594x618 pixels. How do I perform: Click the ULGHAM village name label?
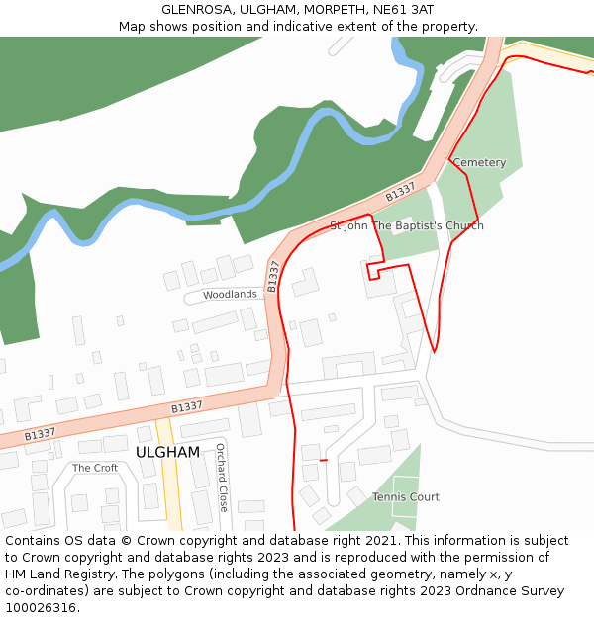pos(167,452)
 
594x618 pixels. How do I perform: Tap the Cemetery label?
pos(479,162)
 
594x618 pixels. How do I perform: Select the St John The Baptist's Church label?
pos(406,225)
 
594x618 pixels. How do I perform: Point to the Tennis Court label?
pos(405,496)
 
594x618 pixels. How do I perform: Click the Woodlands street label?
pos(230,295)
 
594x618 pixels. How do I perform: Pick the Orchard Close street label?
pos(222,477)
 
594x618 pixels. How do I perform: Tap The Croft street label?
pos(95,468)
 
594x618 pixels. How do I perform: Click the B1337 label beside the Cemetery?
pos(400,191)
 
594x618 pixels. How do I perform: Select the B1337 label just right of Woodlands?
pos(273,275)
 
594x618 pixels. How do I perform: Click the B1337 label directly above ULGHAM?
pos(186,406)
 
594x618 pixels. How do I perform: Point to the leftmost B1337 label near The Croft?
pos(40,433)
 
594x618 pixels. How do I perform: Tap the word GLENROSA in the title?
pos(196,9)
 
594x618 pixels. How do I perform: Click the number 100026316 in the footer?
pos(40,608)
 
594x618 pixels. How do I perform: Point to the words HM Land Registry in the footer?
pos(54,574)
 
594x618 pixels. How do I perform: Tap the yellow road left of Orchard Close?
pos(169,475)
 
